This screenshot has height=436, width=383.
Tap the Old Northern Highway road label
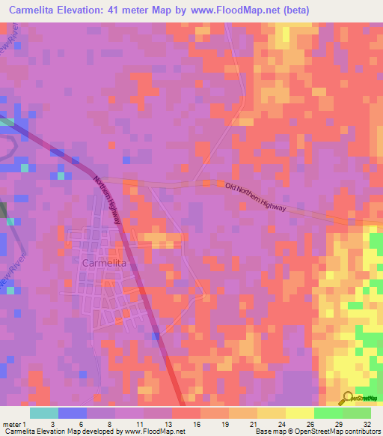(255, 197)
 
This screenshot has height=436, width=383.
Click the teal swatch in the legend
(44, 413)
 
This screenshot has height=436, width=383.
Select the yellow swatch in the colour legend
(299, 413)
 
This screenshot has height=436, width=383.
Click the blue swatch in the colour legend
(73, 413)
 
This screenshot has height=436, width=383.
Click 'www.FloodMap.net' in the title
(220, 10)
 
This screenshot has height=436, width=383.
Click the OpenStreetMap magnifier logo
(347, 399)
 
